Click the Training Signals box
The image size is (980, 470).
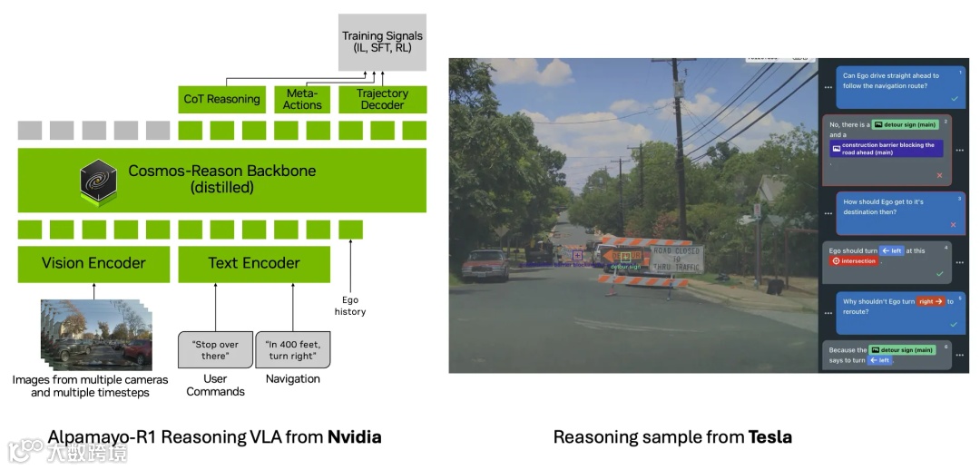(x=382, y=42)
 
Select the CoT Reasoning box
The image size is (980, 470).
(x=221, y=99)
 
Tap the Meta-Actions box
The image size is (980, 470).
(x=302, y=99)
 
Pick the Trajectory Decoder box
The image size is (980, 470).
(x=382, y=99)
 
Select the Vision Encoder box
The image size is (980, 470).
(x=93, y=263)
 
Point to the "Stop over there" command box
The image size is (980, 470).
(x=215, y=351)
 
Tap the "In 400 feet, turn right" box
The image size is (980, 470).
(x=292, y=351)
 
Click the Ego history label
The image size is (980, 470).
(x=349, y=306)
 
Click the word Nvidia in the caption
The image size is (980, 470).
(x=354, y=437)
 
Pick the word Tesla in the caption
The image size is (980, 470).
(x=769, y=437)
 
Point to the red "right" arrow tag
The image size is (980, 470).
(x=930, y=301)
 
